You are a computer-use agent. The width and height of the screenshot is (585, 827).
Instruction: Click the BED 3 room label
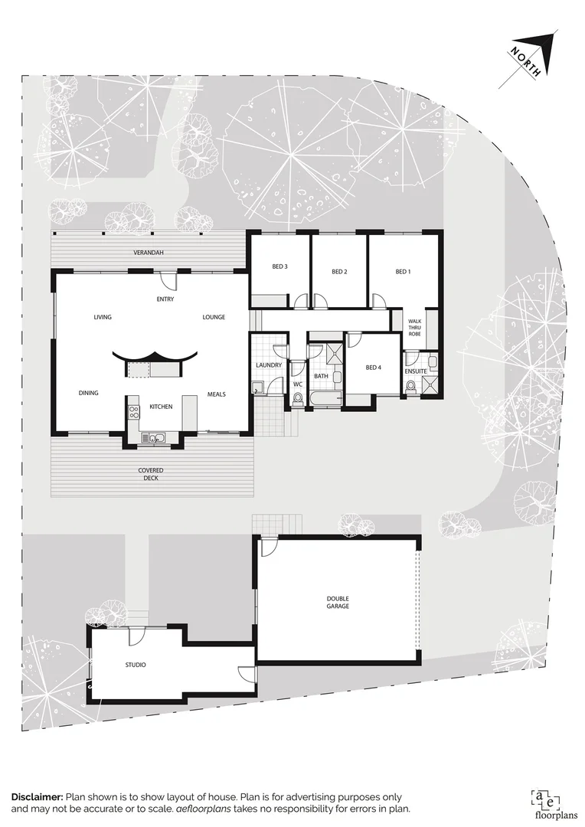pos(279,266)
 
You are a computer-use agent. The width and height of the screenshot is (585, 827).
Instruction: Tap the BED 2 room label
pos(340,272)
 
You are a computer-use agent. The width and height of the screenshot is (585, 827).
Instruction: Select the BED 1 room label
pos(403,272)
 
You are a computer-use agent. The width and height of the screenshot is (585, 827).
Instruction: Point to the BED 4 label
pos(373,368)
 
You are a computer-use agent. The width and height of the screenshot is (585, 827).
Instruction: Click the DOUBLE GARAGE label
pos(338,602)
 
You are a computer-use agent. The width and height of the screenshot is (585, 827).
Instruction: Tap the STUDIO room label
pos(135,665)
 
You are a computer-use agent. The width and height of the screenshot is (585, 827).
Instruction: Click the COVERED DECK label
pos(151,474)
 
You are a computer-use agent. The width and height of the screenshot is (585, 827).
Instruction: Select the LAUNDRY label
pos(269,365)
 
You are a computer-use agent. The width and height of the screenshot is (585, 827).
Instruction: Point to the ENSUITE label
pos(415,371)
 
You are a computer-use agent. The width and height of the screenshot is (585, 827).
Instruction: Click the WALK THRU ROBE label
pos(415,328)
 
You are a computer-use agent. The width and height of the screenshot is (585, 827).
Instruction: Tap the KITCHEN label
pos(161,406)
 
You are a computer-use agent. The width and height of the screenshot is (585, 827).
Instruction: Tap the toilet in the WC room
pos(297,398)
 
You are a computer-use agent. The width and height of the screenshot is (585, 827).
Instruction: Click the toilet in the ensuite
pos(411,387)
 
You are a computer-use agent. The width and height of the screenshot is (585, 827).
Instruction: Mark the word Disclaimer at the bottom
pos(38,797)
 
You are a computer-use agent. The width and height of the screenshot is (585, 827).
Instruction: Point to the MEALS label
pos(216,394)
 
